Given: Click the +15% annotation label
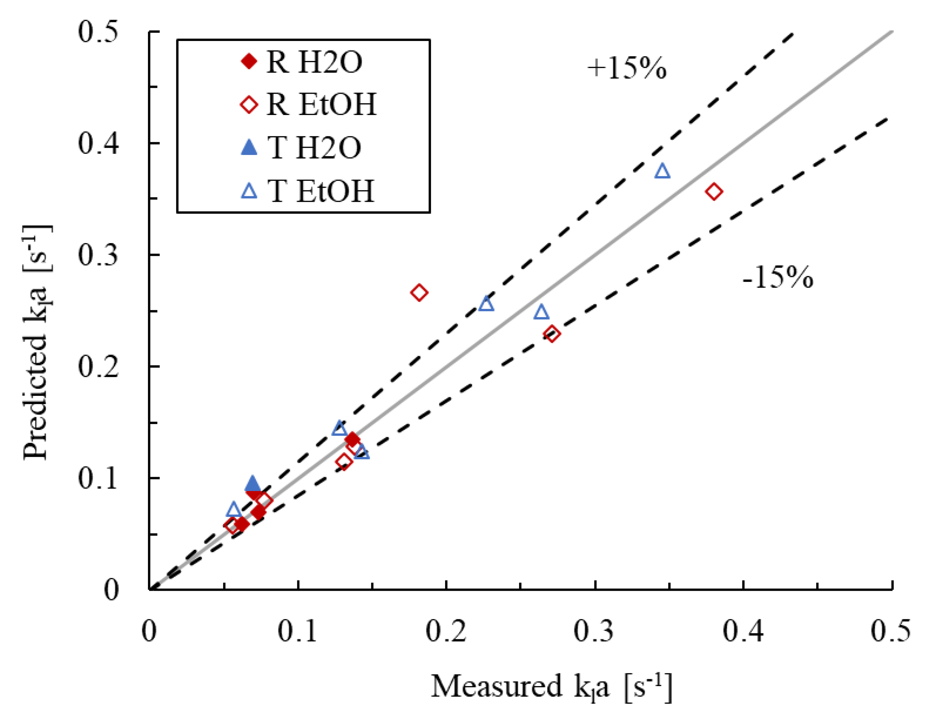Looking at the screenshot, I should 626,68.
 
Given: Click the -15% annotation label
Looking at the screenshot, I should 778,278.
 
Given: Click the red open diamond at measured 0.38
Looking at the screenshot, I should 714,192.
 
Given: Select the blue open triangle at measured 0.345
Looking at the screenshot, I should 663,171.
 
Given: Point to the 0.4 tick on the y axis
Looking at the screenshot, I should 98,143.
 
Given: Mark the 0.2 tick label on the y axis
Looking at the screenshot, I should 98,367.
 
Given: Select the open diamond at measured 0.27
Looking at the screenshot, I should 552,334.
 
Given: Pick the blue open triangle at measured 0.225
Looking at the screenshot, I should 486,304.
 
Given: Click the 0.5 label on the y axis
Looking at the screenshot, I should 98,32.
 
